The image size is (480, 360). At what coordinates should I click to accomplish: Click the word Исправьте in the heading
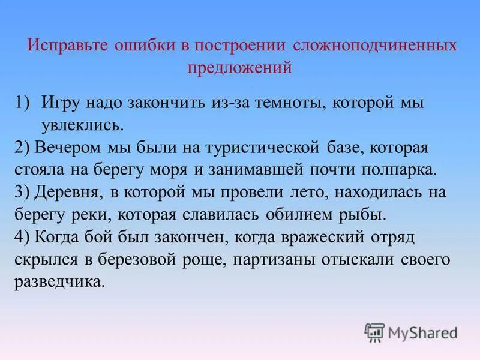coord(65,46)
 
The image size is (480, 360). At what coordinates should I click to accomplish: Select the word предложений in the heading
coord(240,68)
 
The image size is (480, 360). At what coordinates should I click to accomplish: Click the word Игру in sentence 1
coord(61,103)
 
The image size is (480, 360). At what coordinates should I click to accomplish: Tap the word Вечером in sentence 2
coord(61,147)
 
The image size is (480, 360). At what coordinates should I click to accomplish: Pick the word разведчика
coord(59,281)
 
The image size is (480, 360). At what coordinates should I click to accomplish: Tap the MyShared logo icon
coord(375,331)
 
